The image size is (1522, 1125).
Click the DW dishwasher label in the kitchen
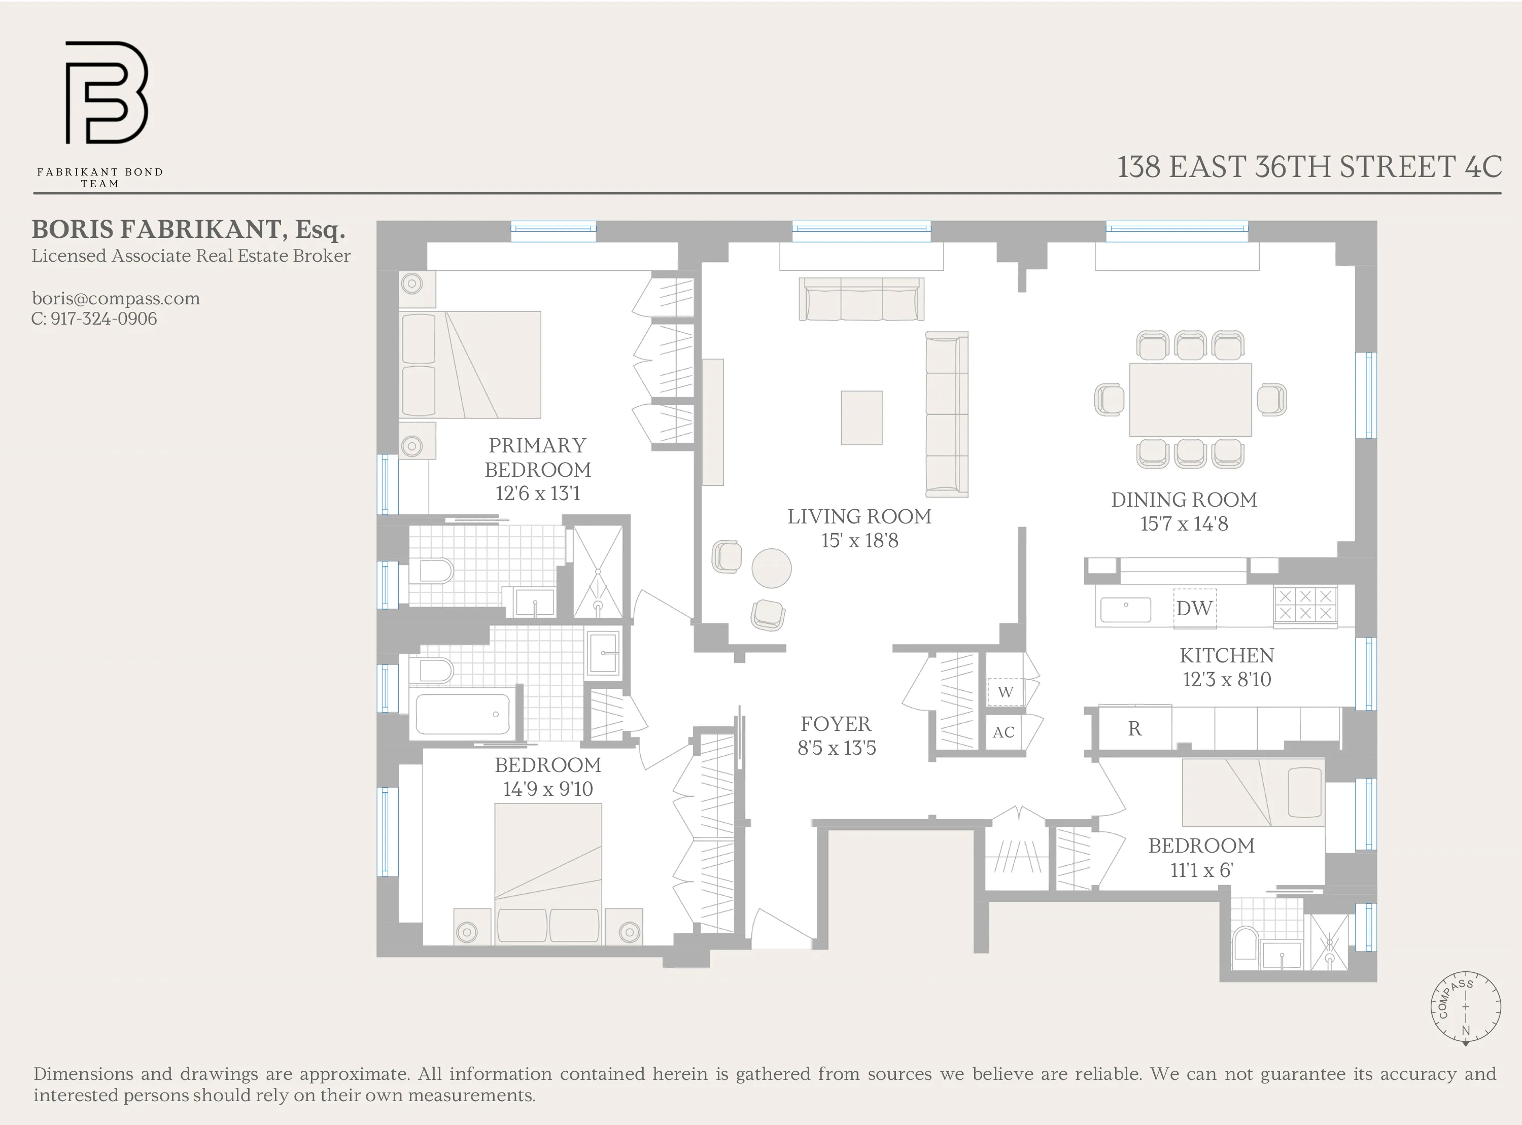[x=1194, y=608]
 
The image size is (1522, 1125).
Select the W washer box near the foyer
[x=1005, y=692]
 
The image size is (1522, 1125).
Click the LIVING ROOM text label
[x=859, y=516]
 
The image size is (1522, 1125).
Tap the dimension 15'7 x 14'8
[x=1184, y=523]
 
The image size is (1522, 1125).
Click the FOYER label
[x=836, y=724]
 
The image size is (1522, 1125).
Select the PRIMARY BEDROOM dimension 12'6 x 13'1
[x=538, y=493]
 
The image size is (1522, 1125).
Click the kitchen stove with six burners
[x=1305, y=604]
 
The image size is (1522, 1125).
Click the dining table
[x=1190, y=400]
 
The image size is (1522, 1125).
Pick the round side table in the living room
[x=771, y=568]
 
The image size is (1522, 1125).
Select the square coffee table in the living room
[x=861, y=417]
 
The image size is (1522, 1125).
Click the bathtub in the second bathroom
[x=463, y=714]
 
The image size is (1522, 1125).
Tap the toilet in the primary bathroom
[x=434, y=571]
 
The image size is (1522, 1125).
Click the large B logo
[x=106, y=93]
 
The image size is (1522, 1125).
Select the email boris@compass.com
[x=116, y=298]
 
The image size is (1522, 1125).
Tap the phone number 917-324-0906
[x=103, y=319]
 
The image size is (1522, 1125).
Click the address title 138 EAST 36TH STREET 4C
[x=1309, y=167]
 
